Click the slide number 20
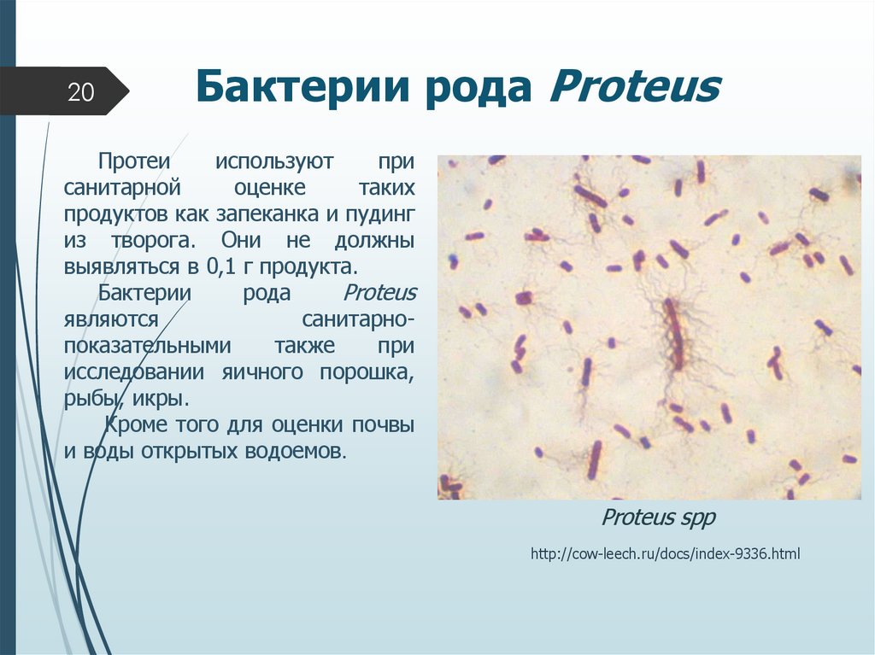pos(80,91)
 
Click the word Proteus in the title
pos(635,88)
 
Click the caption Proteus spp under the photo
pos(658,518)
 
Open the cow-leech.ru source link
pos(665,554)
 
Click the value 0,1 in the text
pos(221,266)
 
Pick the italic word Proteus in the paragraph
pos(379,293)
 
